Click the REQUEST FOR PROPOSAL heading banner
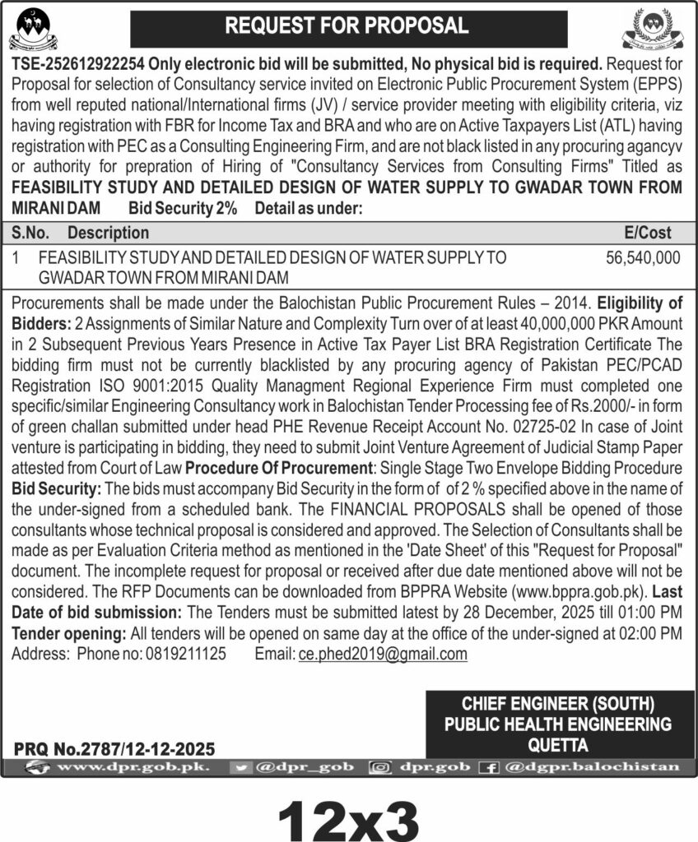pyautogui.click(x=348, y=26)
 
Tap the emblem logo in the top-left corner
pyautogui.click(x=33, y=29)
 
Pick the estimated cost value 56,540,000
pyautogui.click(x=643, y=257)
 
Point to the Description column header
pyautogui.click(x=108, y=233)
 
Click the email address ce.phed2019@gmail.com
pyautogui.click(x=383, y=655)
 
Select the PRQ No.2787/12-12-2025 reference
pyautogui.click(x=114, y=749)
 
